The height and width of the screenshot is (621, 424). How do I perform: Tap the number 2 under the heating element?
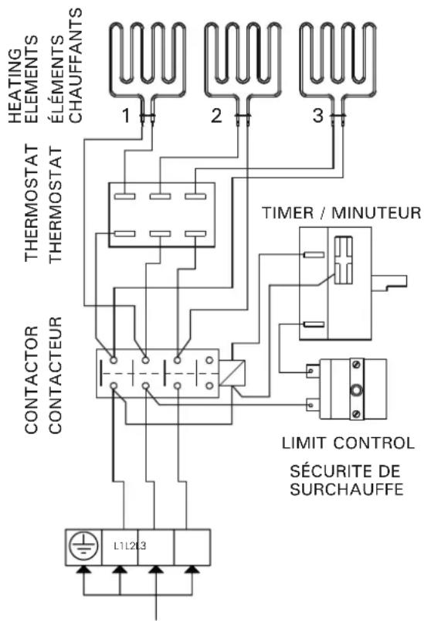(218, 117)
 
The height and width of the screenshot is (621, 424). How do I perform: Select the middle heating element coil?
(242, 58)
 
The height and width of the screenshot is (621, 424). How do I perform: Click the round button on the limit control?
(356, 389)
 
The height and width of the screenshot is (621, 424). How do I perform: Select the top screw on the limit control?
(357, 363)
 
